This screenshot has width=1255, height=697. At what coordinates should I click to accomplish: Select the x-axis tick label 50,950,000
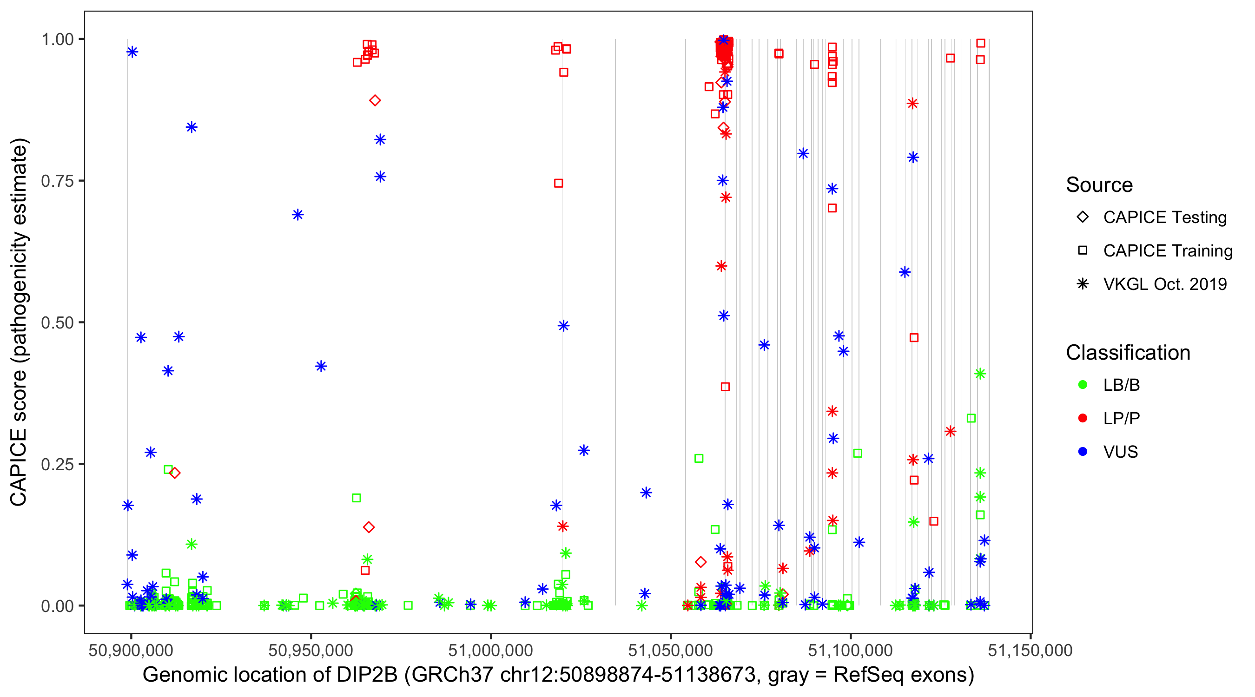pyautogui.click(x=310, y=650)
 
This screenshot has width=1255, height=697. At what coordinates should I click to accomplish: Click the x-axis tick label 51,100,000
pyautogui.click(x=850, y=650)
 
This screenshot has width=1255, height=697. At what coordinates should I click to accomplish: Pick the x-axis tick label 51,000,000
pyautogui.click(x=490, y=650)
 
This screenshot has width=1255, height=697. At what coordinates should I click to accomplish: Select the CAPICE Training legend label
pyautogui.click(x=1167, y=251)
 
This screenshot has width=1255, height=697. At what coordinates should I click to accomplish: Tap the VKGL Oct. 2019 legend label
pyautogui.click(x=1164, y=284)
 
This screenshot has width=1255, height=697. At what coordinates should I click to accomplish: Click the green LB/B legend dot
pyautogui.click(x=1083, y=385)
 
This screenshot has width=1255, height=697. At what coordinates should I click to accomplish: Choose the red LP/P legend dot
pyautogui.click(x=1083, y=418)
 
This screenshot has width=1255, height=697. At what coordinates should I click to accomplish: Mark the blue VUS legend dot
pyautogui.click(x=1083, y=452)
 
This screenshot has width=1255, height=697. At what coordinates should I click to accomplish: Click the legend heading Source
pyautogui.click(x=1099, y=185)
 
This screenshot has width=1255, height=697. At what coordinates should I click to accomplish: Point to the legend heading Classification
pyautogui.click(x=1128, y=353)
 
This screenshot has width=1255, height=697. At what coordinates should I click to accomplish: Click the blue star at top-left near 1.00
pyautogui.click(x=132, y=52)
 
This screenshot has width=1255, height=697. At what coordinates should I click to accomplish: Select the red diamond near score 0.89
pyautogui.click(x=375, y=101)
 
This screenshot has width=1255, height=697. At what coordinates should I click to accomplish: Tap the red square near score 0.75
pyautogui.click(x=558, y=184)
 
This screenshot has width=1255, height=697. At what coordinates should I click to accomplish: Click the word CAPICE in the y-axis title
pyautogui.click(x=18, y=467)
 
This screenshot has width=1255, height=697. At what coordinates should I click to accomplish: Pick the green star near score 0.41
pyautogui.click(x=980, y=374)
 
